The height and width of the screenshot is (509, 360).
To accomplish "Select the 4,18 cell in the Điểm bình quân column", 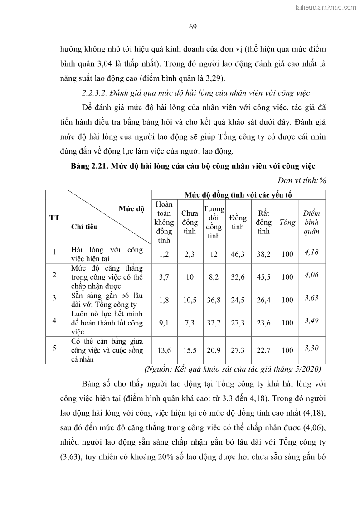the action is pyautogui.click(x=311, y=252).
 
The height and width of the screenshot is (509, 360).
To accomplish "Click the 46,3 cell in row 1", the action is pyautogui.click(x=238, y=254).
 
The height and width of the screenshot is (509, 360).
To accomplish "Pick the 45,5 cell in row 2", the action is pyautogui.click(x=263, y=277).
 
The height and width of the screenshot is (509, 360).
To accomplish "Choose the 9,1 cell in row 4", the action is pyautogui.click(x=164, y=323).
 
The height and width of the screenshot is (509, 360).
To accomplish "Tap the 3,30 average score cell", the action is pyautogui.click(x=311, y=348).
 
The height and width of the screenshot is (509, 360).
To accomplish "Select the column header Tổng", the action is pyautogui.click(x=287, y=222).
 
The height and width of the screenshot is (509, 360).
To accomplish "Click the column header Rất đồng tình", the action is pyautogui.click(x=263, y=222).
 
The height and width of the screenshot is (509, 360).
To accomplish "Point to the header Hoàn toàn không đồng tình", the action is pyautogui.click(x=164, y=222).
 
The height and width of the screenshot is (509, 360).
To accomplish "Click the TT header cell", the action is pyautogui.click(x=54, y=218).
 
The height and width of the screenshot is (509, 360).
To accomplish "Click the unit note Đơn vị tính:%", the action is pyautogui.click(x=304, y=180).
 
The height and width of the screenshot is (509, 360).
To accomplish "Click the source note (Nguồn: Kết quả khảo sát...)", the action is pyautogui.click(x=233, y=368).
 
